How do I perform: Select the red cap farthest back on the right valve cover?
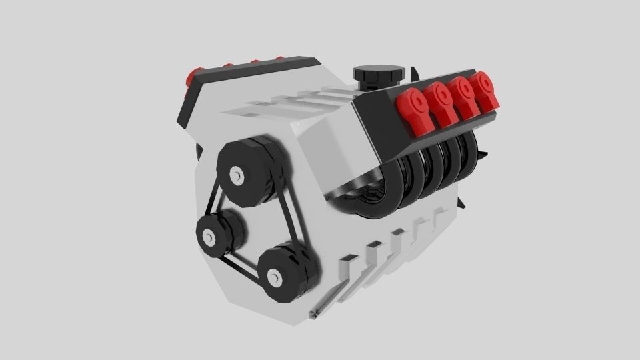(482, 87)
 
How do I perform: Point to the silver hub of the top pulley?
(236, 175)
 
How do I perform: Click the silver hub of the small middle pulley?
(209, 237)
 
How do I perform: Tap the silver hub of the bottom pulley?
(273, 276)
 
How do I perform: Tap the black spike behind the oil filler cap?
(414, 70)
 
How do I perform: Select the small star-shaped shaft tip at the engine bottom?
(314, 312)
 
